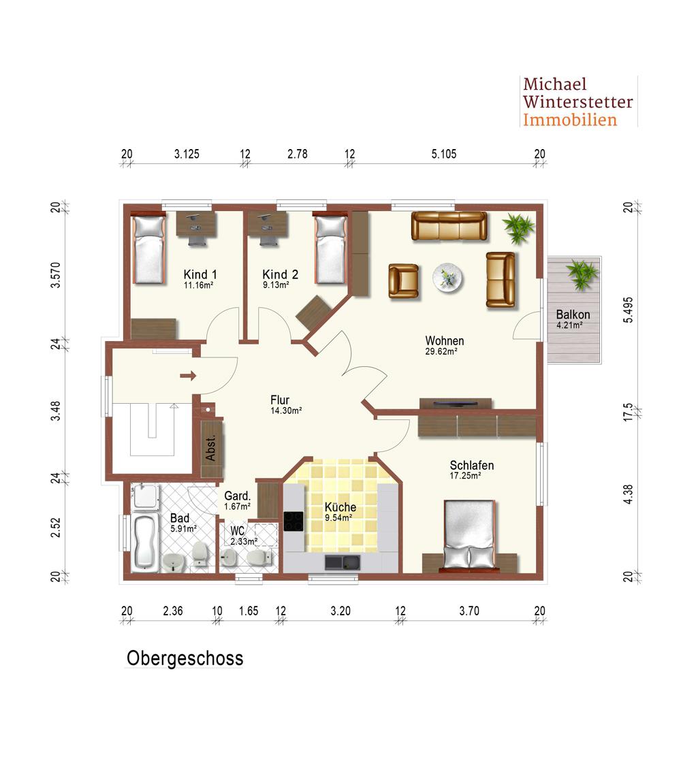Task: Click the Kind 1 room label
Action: (200, 274)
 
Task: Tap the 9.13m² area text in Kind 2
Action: (276, 285)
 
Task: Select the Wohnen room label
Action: (444, 341)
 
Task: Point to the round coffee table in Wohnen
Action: (447, 278)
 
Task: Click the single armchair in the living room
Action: (403, 280)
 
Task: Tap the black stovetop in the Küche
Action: (293, 521)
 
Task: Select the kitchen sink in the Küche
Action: (343, 562)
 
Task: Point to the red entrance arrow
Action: (188, 375)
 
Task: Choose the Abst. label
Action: (210, 449)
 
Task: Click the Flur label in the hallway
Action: (280, 400)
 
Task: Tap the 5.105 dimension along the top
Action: (444, 154)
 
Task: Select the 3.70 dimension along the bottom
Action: (469, 611)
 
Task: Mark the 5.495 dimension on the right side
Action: (628, 310)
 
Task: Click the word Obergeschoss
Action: (185, 658)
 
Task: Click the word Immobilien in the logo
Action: (570, 120)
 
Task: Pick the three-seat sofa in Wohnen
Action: (449, 226)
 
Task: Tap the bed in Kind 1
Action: (149, 250)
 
